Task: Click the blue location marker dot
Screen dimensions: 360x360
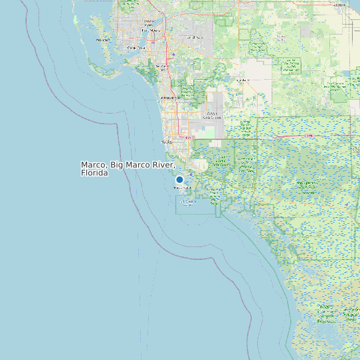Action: [179, 179]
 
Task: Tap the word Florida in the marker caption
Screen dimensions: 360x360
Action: [94, 173]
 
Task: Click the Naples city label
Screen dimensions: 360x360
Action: [167, 141]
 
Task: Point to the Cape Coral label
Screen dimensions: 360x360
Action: [135, 48]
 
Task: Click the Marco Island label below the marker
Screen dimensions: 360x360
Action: [181, 188]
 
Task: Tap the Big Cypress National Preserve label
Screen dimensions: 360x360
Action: [307, 184]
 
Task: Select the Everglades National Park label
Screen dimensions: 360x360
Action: [326, 313]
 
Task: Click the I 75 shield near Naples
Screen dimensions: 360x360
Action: [188, 137]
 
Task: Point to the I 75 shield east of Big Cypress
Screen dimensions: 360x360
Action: [310, 135]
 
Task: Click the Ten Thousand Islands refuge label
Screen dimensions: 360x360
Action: [189, 202]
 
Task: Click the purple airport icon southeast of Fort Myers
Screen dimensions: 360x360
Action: [173, 54]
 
